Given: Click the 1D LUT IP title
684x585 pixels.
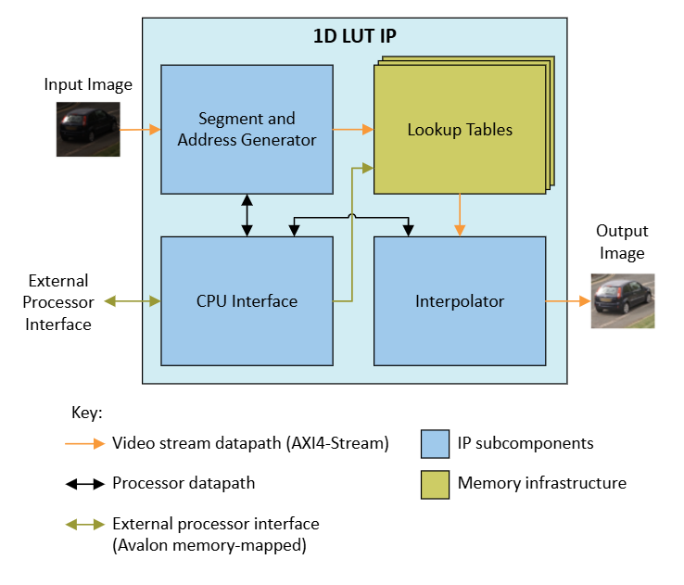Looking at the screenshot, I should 355,37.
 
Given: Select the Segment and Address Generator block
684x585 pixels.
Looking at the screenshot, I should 247,129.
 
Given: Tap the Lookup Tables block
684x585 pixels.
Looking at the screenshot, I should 460,130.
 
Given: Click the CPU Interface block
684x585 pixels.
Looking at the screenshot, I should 247,301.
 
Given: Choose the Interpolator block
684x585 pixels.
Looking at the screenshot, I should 460,301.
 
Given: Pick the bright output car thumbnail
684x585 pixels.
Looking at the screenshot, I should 623,300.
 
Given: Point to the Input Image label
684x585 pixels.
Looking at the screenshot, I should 88,85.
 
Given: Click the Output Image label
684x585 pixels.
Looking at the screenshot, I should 622,242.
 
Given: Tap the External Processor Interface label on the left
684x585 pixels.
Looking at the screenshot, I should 57,302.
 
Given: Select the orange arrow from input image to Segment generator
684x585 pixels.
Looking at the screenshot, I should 140,130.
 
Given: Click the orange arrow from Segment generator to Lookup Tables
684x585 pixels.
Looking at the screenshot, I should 353,130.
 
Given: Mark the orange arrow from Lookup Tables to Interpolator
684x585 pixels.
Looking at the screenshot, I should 460,215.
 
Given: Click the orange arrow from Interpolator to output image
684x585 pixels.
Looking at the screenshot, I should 568,301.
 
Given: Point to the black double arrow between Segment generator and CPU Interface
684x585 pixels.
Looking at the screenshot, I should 247,215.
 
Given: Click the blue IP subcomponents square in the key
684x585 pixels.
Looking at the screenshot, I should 435,443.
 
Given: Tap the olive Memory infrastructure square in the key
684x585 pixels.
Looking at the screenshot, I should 435,483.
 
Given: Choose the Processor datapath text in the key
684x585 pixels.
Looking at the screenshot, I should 183,483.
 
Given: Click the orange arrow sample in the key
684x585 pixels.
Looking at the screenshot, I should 83,443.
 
